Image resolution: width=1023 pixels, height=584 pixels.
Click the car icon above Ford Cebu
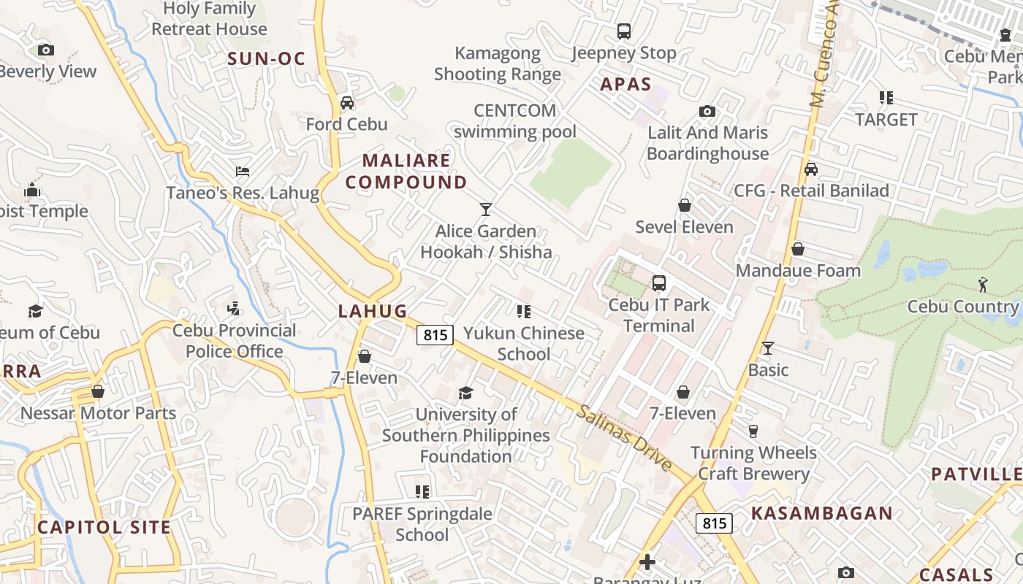coord(347,103)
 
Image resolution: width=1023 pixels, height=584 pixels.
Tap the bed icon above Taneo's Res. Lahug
coord(243,172)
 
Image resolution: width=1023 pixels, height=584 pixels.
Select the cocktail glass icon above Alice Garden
coord(486,210)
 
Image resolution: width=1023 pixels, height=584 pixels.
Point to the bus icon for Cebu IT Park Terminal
coord(659,283)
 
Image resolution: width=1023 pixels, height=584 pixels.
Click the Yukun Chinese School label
coord(524,344)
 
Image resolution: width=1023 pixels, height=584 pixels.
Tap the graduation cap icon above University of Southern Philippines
coord(465,393)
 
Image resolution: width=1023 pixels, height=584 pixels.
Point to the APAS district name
coord(625,85)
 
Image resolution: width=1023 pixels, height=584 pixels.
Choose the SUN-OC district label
coord(266,59)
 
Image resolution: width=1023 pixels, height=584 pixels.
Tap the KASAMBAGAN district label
coord(822,513)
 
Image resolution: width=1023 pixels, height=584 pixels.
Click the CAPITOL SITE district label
coord(104,527)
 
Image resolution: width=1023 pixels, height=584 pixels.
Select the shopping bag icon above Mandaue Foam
coord(798,250)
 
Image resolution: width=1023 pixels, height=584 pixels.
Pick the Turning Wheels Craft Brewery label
coord(753,464)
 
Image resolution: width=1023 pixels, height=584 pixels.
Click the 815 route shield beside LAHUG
coord(435,335)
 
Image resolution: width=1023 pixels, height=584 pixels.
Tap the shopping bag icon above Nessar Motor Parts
coord(98,392)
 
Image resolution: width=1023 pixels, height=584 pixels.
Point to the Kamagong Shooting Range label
coord(498,64)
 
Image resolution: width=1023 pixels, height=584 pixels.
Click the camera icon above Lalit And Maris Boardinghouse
coord(707,112)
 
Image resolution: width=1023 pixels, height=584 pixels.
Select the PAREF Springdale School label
coord(422,524)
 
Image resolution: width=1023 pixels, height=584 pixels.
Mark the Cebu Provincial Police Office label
coord(234,341)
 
